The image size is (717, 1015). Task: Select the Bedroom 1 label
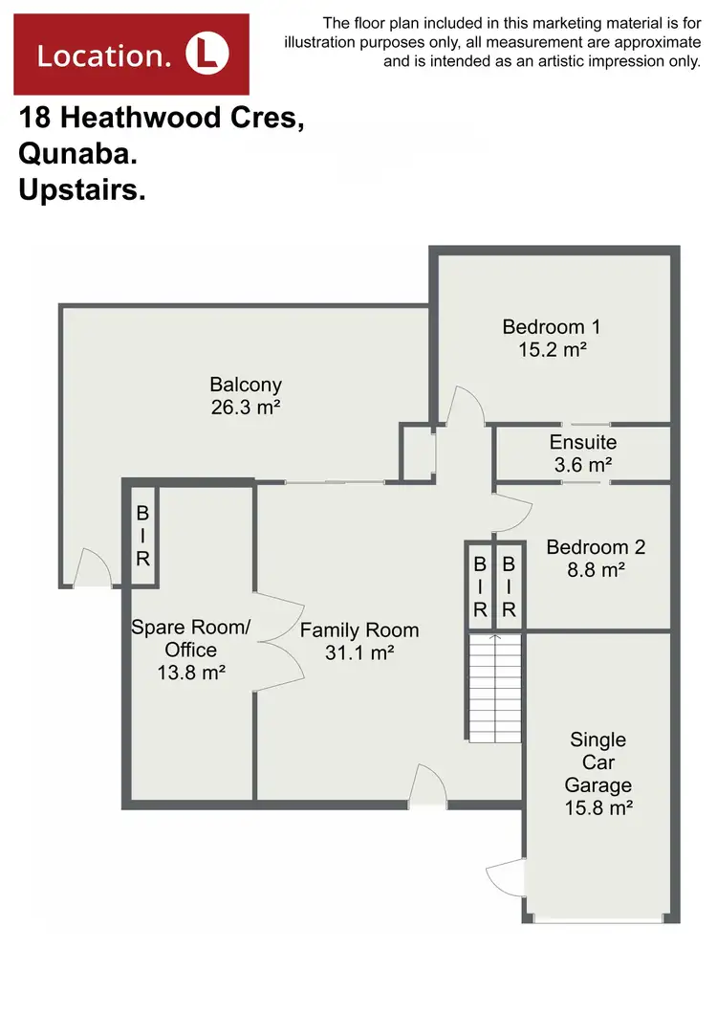pos(551,327)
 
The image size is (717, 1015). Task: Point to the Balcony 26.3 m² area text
pos(246,407)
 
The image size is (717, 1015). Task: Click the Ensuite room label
pos(582,443)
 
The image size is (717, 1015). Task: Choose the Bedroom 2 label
pos(595,548)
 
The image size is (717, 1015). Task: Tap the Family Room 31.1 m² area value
pos(360,652)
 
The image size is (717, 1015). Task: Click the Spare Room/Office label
pos(190,638)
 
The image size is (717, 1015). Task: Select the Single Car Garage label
pos(597,762)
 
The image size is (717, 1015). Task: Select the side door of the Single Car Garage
pos(508,878)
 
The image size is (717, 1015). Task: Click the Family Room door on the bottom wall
pos(427,786)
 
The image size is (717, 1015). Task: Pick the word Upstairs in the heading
pos(81,190)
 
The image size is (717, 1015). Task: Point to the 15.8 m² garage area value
pos(599,807)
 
